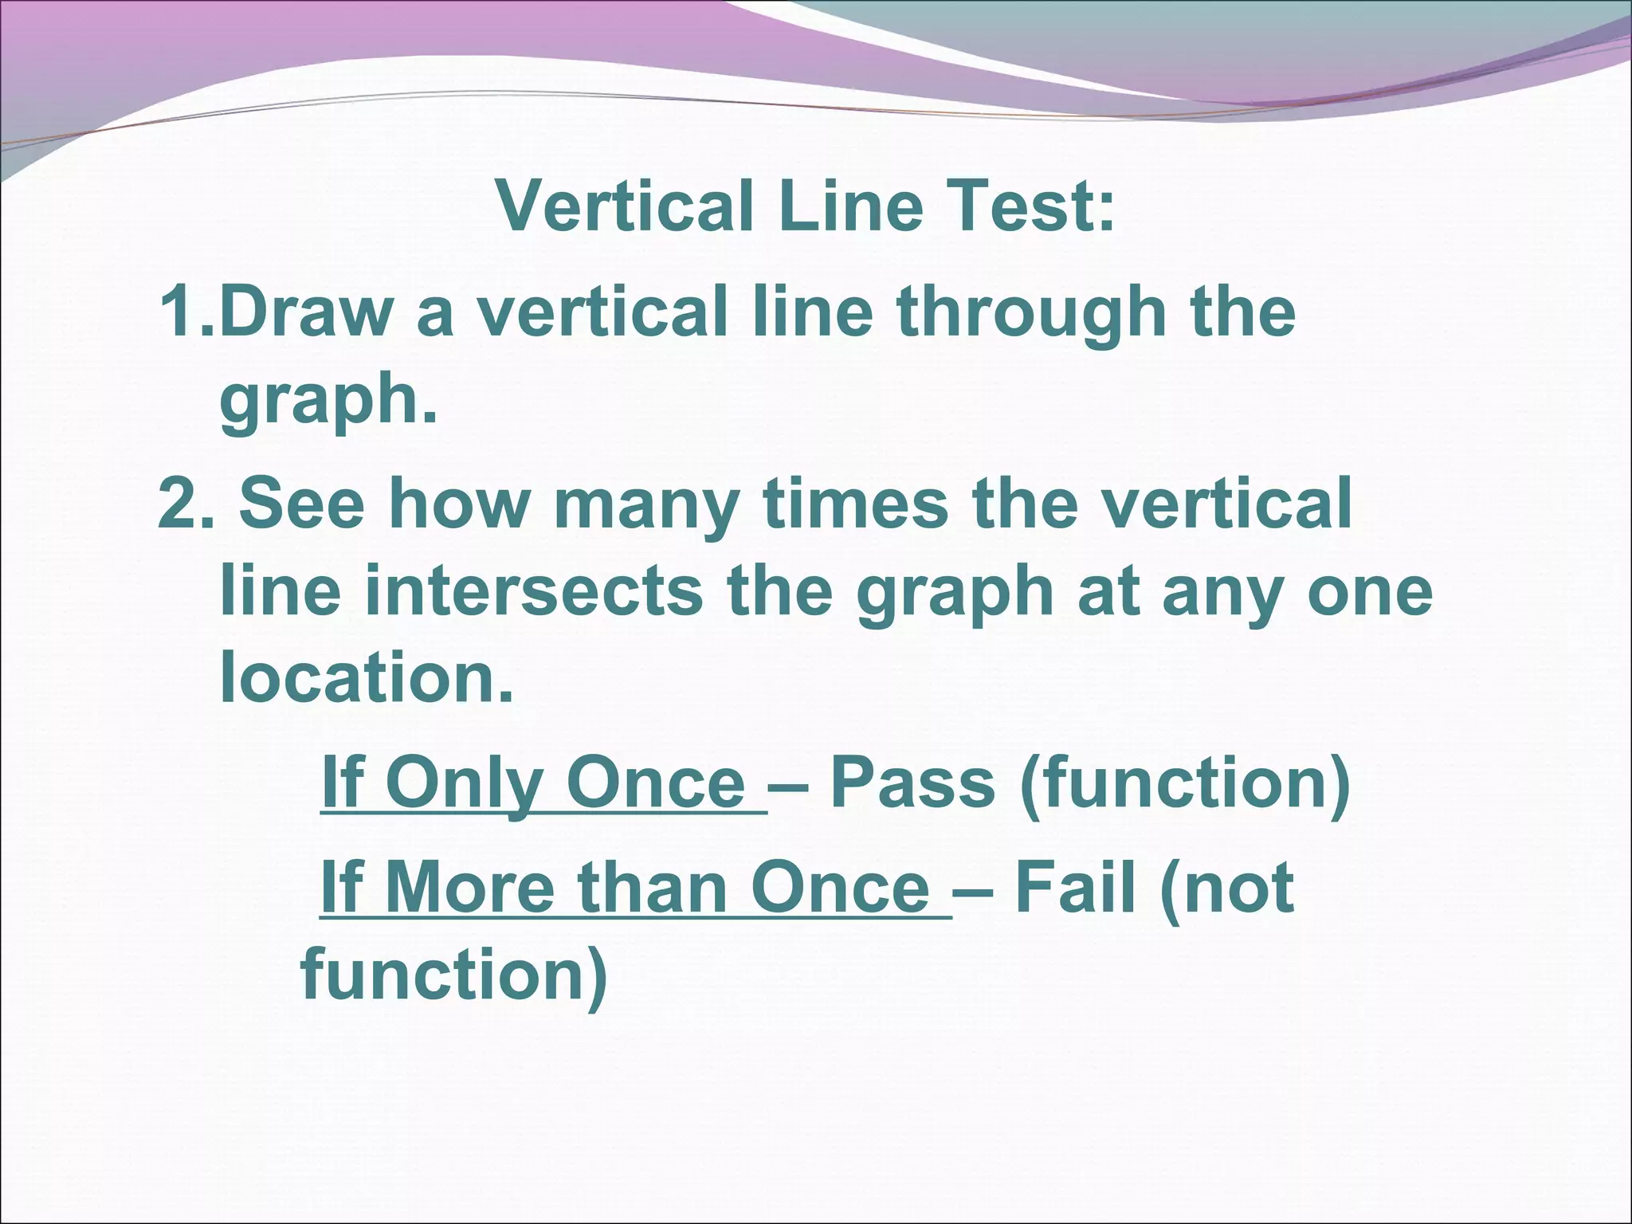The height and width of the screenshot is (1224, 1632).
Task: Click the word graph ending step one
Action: tap(319, 402)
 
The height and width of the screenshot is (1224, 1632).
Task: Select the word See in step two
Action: tap(301, 504)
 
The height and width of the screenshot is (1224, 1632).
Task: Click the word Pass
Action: tap(912, 783)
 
